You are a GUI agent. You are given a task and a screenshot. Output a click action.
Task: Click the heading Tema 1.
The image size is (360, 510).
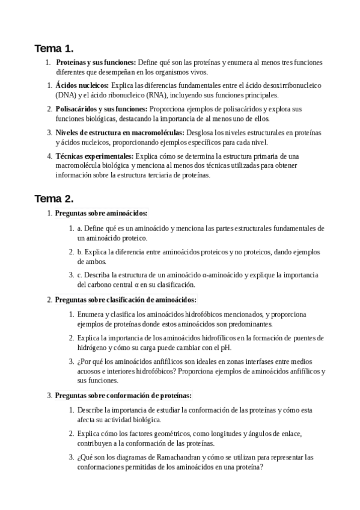(53, 49)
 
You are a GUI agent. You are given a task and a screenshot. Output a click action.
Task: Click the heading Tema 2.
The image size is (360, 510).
(53, 198)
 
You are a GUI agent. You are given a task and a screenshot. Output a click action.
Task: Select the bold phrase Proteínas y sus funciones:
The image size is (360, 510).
(96, 62)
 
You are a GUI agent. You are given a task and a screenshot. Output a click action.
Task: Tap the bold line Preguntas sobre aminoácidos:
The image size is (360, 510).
(101, 213)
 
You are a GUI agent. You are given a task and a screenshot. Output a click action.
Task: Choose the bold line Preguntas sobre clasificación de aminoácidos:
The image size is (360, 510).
(126, 300)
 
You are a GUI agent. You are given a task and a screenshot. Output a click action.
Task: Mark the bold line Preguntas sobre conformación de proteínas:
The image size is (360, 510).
(123, 395)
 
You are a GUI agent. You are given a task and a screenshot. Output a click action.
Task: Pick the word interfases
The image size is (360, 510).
(267, 361)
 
